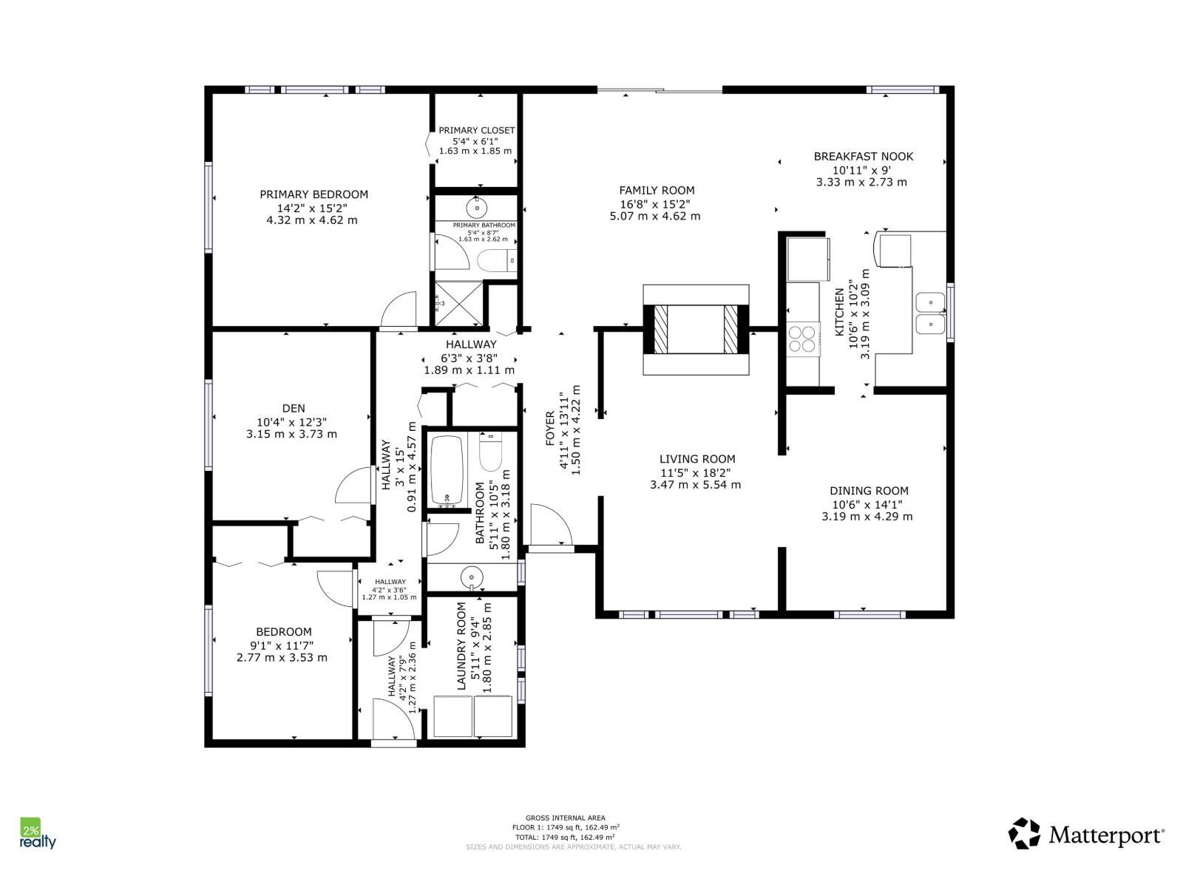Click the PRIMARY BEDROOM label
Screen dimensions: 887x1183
point(313,194)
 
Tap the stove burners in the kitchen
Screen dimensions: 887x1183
point(803,339)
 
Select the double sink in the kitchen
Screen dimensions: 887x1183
point(930,313)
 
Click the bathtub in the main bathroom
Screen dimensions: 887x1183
point(447,471)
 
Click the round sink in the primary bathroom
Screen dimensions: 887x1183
point(476,205)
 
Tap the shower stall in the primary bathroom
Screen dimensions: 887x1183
point(458,302)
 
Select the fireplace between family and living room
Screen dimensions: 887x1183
point(696,329)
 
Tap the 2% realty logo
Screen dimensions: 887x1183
point(37,834)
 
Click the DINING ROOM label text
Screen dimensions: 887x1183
point(869,491)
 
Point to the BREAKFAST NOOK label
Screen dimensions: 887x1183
point(863,157)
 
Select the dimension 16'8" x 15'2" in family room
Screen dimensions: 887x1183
point(657,203)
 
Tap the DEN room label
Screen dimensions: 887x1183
point(293,408)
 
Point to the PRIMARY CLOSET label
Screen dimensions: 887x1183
point(476,130)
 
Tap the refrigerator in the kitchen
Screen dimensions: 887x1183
point(807,258)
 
